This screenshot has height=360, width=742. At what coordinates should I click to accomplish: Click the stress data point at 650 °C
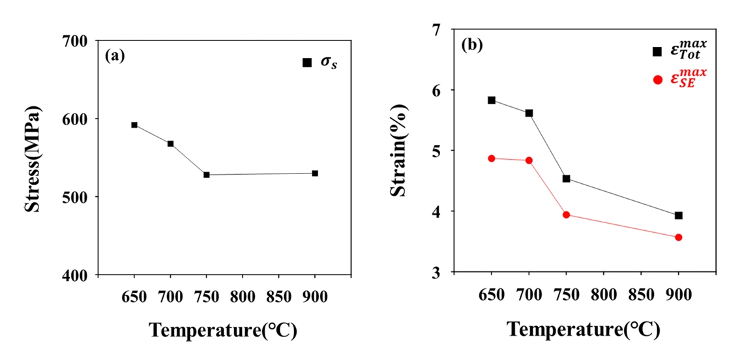(x=134, y=125)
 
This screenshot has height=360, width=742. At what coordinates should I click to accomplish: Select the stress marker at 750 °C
(x=207, y=175)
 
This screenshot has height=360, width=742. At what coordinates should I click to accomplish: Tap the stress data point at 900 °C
(x=315, y=173)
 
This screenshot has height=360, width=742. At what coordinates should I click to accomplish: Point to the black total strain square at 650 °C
(x=492, y=100)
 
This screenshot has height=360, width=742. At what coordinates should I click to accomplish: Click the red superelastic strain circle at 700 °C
(x=529, y=160)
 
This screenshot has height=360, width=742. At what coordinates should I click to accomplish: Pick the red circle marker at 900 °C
(x=679, y=237)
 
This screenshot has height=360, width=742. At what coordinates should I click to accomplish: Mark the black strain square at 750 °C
(x=566, y=178)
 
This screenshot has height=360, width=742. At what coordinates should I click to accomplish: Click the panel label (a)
(x=115, y=55)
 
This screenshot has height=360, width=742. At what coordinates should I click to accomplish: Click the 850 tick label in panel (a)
(x=278, y=294)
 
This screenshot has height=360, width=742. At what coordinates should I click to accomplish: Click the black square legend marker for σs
(x=307, y=63)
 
